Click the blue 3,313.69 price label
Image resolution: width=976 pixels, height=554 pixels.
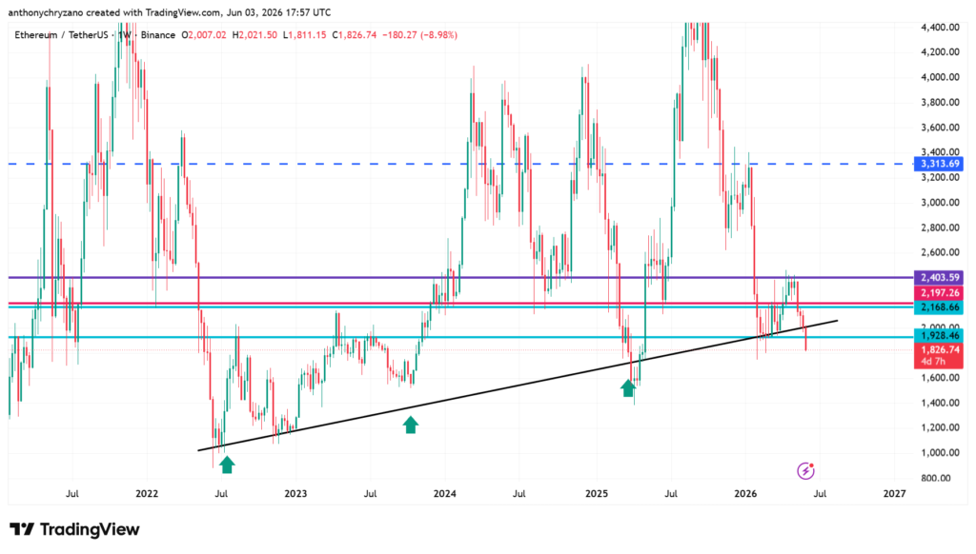(x=938, y=164)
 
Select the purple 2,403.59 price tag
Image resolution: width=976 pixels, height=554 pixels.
(x=938, y=277)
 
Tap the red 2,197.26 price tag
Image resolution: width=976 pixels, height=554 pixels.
(x=938, y=293)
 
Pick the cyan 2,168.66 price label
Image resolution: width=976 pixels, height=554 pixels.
(x=938, y=307)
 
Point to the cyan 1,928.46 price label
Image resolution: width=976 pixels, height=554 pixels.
(x=938, y=336)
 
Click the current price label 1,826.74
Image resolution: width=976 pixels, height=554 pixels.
(x=938, y=350)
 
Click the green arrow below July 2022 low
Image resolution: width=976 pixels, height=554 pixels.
(x=227, y=464)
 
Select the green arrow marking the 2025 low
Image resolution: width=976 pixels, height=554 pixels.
(x=628, y=388)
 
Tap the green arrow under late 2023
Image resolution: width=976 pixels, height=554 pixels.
(x=410, y=425)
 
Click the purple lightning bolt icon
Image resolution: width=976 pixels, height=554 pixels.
(x=805, y=470)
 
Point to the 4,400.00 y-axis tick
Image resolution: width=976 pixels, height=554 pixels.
(x=940, y=28)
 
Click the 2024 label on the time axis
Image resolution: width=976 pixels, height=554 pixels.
(x=445, y=494)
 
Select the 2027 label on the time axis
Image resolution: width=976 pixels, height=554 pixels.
(x=894, y=494)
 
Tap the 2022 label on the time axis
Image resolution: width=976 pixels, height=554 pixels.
(x=147, y=494)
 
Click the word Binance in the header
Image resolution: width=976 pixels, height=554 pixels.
(x=158, y=35)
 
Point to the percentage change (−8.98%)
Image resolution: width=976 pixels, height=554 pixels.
(x=438, y=35)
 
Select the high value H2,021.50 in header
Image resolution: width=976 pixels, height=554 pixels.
(x=254, y=35)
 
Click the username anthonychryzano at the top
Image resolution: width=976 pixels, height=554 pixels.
(x=46, y=12)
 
